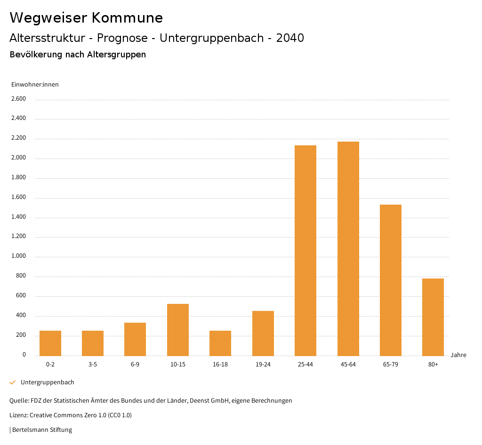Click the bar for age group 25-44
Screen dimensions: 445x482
click(305, 250)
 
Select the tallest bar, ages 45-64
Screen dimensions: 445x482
click(348, 248)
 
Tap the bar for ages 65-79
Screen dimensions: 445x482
click(391, 280)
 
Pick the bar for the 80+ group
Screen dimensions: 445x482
click(433, 317)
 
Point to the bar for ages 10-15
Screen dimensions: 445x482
click(178, 330)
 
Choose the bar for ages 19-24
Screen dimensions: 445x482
click(263, 333)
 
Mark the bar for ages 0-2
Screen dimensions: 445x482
click(50, 343)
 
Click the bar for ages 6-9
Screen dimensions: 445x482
click(135, 339)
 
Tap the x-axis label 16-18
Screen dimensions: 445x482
click(220, 365)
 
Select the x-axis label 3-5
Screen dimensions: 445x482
click(93, 365)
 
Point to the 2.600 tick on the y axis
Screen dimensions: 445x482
click(18, 99)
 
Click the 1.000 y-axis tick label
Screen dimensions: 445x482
click(18, 256)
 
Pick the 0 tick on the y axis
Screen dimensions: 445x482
click(24, 355)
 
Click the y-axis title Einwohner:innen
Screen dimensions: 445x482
click(35, 85)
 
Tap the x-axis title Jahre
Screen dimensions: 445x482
click(458, 355)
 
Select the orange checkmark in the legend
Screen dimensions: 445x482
click(13, 382)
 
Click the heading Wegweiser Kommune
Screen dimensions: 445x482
click(86, 18)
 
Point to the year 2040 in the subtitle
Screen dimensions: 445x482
click(290, 38)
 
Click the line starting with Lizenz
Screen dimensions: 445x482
click(71, 415)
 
